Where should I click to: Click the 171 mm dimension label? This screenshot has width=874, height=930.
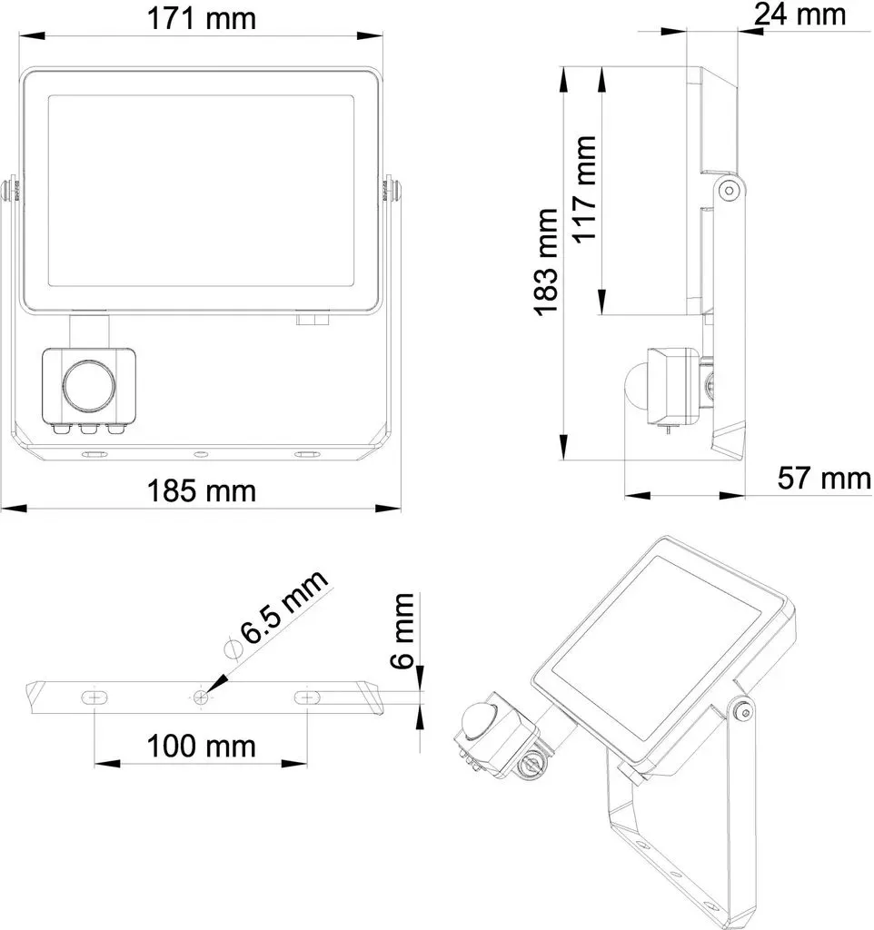tap(201, 18)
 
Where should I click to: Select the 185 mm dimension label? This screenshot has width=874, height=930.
tap(201, 491)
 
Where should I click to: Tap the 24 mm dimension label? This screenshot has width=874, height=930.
tap(800, 15)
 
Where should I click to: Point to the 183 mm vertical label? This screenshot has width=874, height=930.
tap(547, 262)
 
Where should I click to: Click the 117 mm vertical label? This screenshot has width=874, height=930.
tap(584, 189)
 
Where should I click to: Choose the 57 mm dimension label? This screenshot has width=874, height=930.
tap(824, 478)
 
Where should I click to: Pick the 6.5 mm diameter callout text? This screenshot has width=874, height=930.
tap(283, 606)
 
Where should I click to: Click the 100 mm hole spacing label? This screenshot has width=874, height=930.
tap(201, 747)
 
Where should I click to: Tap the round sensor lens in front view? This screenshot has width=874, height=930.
tap(88, 385)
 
